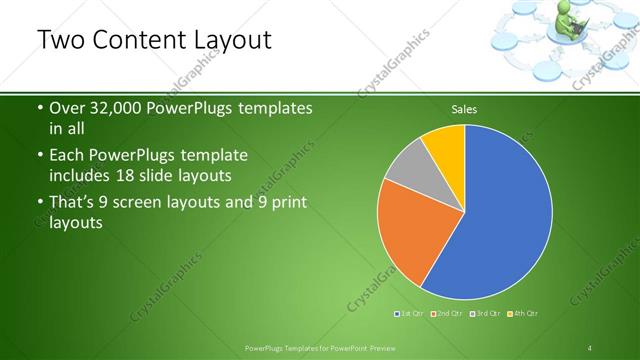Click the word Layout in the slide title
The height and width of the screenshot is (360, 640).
coord(224,40)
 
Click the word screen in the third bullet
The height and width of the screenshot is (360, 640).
coord(160,203)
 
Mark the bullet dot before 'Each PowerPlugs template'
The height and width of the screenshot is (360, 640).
coord(38,157)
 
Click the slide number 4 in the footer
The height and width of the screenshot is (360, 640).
coord(590,348)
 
